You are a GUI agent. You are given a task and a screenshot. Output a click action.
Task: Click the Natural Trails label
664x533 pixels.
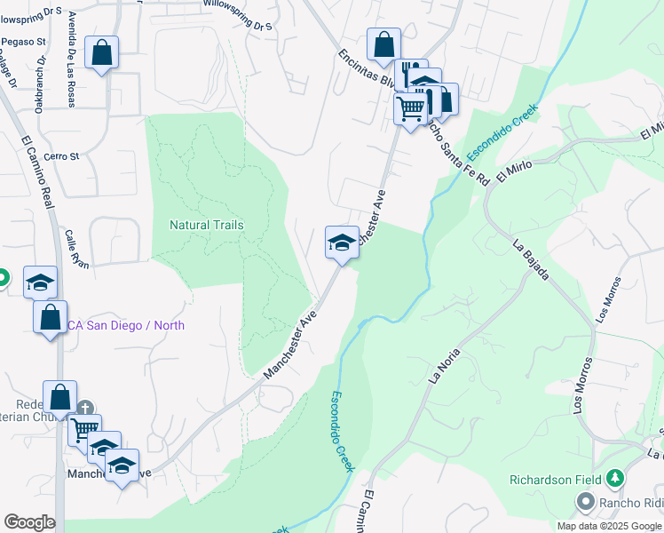[x=206, y=225]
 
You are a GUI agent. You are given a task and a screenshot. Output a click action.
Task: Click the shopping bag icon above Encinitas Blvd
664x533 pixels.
[x=383, y=44]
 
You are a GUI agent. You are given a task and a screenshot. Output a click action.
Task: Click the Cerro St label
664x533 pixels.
[x=61, y=156]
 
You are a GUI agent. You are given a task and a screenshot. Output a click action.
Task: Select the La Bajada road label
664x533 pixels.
[x=530, y=258]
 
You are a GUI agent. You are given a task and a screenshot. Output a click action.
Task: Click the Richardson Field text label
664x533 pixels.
[x=555, y=480]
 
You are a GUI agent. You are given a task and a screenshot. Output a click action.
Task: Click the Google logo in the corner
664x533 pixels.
[x=29, y=522]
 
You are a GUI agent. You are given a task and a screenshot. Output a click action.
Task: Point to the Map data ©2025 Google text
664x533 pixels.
[x=609, y=526]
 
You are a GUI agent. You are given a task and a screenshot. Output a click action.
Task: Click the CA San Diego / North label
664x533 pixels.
[x=127, y=326]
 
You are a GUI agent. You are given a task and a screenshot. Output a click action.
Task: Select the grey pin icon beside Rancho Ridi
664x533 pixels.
[x=585, y=504]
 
